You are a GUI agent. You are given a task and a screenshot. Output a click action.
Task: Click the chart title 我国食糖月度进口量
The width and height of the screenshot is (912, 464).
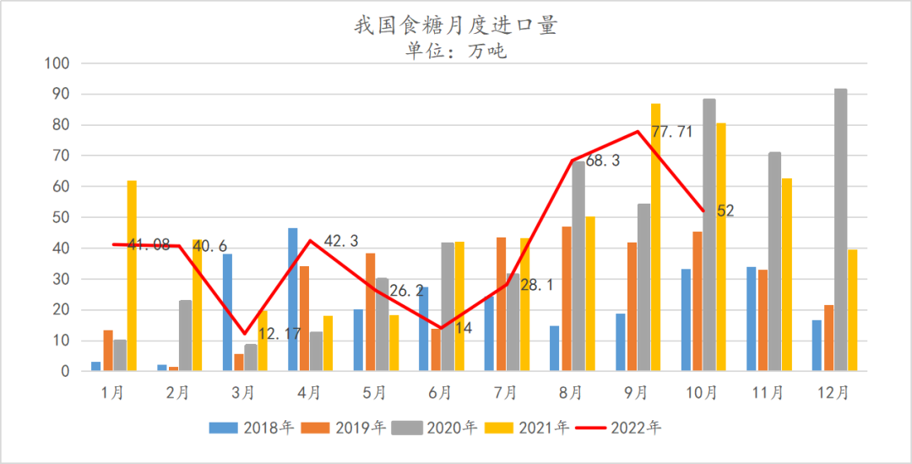455,25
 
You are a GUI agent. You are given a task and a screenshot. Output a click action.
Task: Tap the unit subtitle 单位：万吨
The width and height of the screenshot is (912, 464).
455,51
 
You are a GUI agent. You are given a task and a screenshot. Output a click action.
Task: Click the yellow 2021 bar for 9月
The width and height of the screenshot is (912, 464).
655,237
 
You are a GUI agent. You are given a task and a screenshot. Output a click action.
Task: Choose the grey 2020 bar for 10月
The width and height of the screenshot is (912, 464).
709,235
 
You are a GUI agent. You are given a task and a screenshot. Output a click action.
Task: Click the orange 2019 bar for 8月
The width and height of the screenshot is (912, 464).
567,298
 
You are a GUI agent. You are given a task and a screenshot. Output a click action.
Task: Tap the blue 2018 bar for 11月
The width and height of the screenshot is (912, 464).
752,319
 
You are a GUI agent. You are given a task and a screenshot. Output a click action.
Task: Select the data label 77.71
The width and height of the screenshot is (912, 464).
672,132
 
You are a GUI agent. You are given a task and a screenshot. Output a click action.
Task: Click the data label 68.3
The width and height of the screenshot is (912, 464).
603,160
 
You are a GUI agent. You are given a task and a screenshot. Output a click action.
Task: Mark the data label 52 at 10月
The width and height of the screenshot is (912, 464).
725,210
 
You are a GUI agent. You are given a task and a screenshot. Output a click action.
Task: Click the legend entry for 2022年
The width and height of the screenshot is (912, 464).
620,428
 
